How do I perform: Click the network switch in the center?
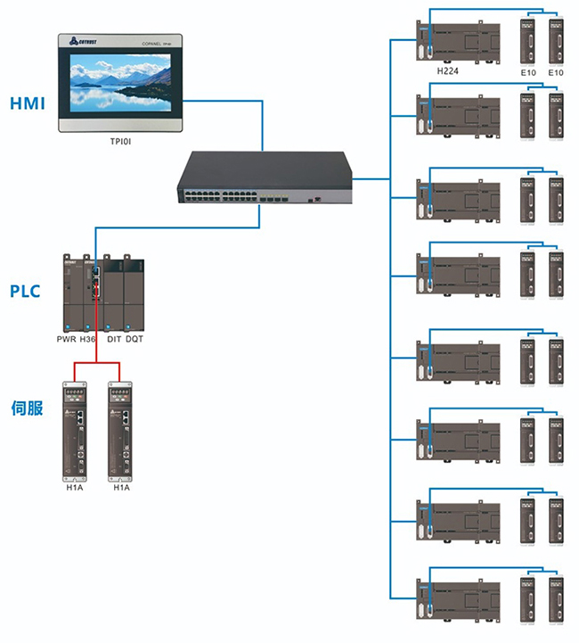(265, 177)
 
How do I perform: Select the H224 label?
(448, 70)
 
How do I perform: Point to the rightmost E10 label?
(557, 70)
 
